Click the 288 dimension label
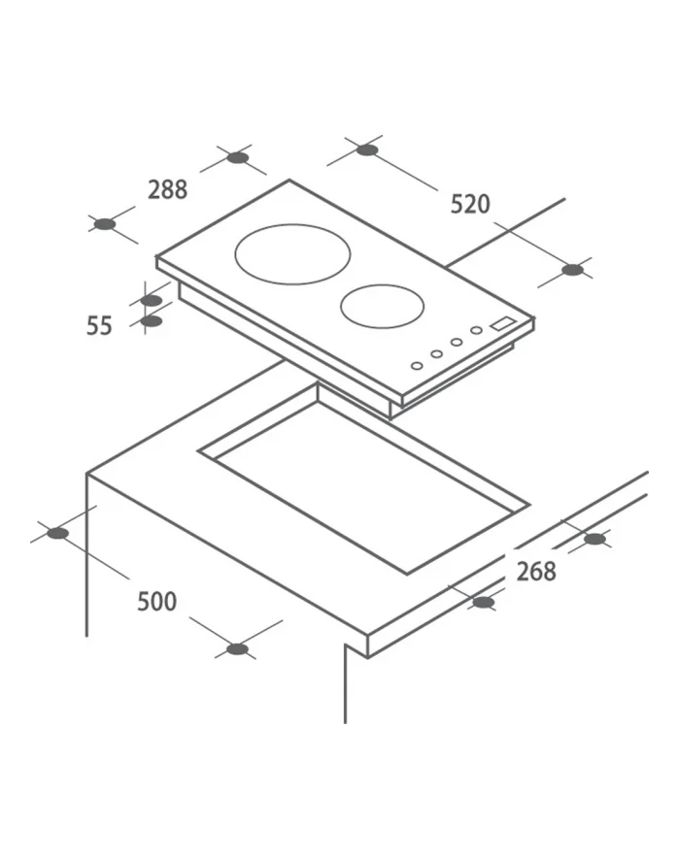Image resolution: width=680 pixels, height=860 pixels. click(x=168, y=190)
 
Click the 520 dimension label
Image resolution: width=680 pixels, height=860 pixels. click(x=470, y=204)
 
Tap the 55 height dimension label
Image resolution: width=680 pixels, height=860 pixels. click(x=99, y=325)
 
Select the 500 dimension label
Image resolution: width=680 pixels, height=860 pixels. click(x=157, y=601)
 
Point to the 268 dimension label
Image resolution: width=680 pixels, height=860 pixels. click(x=536, y=572)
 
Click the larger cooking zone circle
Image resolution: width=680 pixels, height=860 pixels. click(x=292, y=224)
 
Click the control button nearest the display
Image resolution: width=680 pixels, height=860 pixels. click(x=476, y=330)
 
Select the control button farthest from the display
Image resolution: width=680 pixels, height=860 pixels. click(x=417, y=366)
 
